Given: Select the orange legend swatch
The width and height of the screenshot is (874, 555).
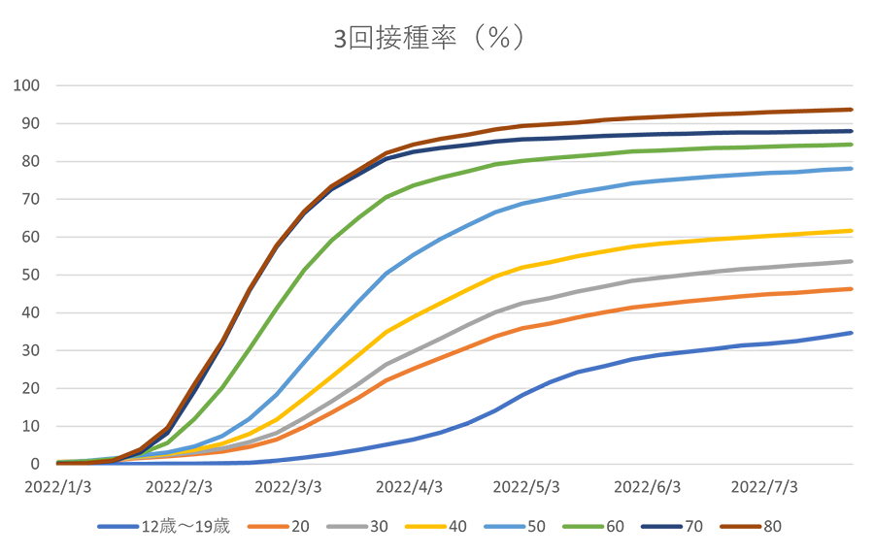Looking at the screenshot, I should click(265, 522).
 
